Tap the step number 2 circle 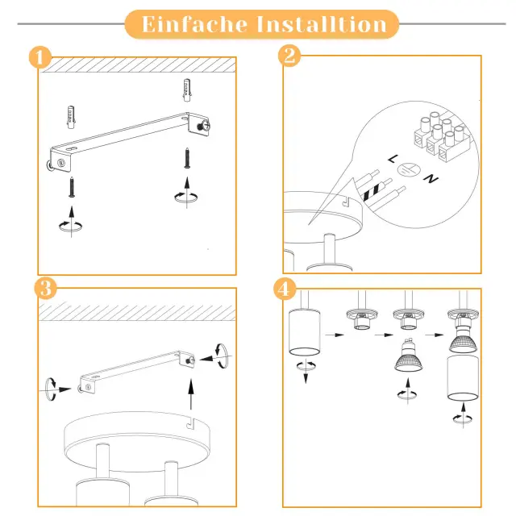pyautogui.click(x=289, y=56)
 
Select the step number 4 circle pyautogui.click(x=285, y=288)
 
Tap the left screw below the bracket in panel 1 pyautogui.click(x=72, y=188)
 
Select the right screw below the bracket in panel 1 pyautogui.click(x=188, y=157)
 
